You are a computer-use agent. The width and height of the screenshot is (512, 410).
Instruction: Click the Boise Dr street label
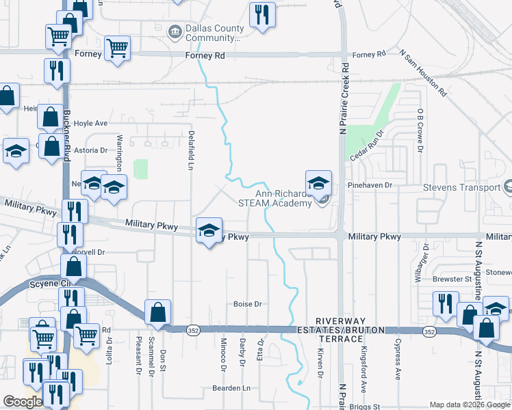[248, 304]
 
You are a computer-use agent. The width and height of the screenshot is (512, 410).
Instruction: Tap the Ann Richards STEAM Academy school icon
[318, 184]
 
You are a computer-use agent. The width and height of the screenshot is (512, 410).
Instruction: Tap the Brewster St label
[452, 279]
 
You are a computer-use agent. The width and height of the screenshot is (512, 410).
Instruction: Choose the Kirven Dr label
[320, 362]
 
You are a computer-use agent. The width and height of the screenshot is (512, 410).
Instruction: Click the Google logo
[23, 401]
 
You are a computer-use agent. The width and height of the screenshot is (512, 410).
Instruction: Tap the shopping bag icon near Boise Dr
[157, 312]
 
